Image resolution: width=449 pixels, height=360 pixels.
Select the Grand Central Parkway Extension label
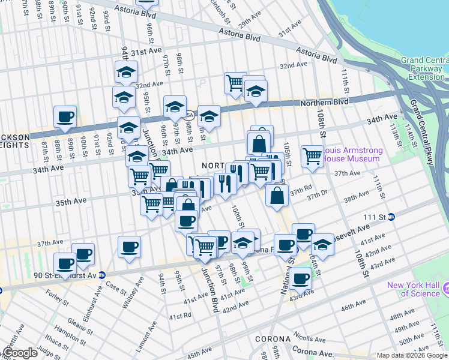(424, 68)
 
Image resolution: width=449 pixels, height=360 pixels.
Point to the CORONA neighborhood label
(273, 339)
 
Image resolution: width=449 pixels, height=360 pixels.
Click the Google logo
(19, 353)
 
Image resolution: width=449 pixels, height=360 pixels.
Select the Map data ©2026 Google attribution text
(412, 355)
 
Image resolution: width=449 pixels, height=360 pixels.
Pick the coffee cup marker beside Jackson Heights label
(65, 118)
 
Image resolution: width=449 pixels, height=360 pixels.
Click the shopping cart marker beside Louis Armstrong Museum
(312, 156)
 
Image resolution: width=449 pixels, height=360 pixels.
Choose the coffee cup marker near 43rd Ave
(300, 278)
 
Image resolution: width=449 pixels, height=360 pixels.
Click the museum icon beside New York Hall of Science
(445, 289)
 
